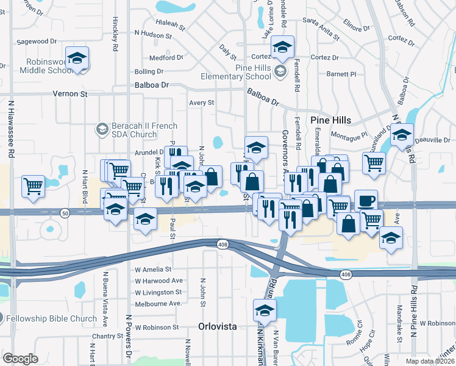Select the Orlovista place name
(217, 326)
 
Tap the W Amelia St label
(153, 269)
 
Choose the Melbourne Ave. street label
(159, 303)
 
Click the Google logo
(20, 359)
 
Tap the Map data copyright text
(430, 361)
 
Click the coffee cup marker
(366, 201)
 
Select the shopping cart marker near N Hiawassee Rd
(33, 186)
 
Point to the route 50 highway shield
(64, 212)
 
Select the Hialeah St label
(170, 26)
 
